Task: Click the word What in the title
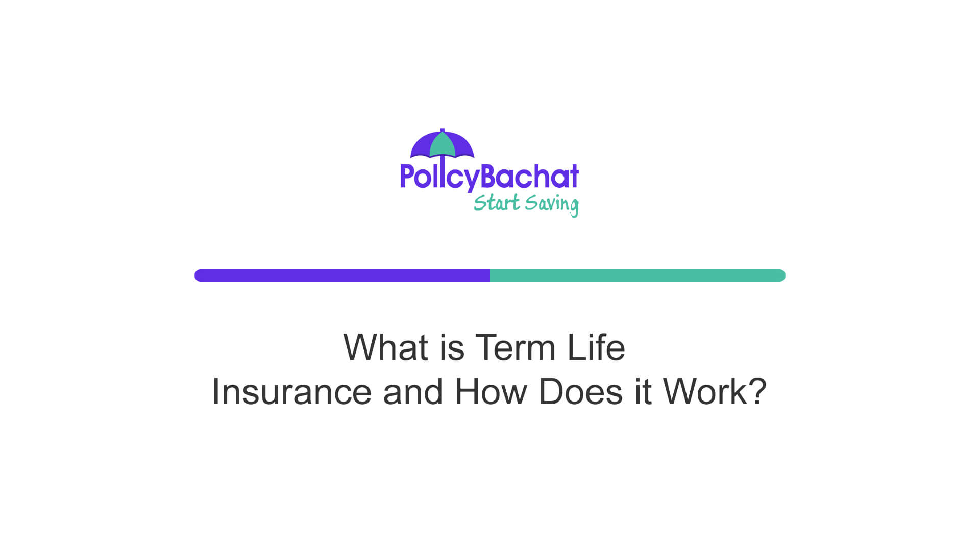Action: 385,347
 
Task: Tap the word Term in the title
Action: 515,347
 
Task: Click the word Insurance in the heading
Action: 291,392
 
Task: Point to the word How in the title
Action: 491,392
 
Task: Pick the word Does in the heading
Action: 581,392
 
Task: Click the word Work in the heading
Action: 705,392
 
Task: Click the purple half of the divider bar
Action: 342,275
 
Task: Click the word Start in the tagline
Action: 497,203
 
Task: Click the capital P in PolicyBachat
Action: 406,177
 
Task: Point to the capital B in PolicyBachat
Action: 489,177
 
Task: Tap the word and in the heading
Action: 412,392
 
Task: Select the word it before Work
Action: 643,392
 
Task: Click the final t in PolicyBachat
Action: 573,177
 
